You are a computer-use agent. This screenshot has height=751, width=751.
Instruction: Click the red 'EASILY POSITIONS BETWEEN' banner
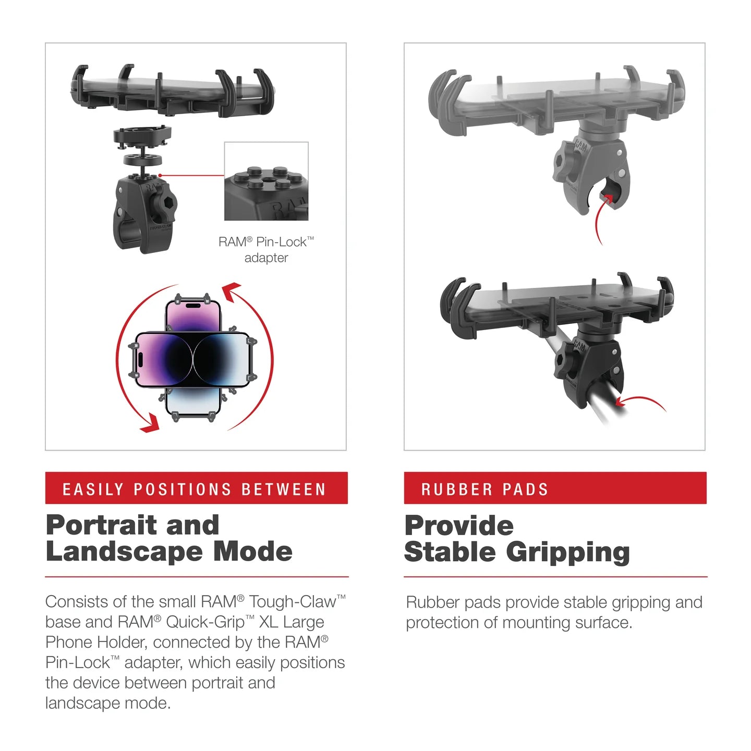tap(196, 488)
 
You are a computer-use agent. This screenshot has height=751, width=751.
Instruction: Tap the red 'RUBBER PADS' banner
tap(555, 488)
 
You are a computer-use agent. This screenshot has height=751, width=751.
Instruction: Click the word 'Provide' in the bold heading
tap(459, 526)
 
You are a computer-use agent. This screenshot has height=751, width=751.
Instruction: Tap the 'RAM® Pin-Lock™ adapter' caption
tap(266, 249)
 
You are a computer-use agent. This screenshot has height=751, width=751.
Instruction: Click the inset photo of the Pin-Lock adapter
tap(266, 181)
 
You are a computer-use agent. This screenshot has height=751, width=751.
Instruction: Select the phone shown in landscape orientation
tap(193, 359)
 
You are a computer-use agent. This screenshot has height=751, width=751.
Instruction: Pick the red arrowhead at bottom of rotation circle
tap(150, 423)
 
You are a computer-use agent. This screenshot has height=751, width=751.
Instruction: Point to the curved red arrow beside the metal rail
tap(641, 402)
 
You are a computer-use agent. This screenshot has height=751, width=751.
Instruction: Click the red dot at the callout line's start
tap(160, 176)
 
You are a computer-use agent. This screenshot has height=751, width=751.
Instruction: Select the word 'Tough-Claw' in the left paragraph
tap(292, 602)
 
